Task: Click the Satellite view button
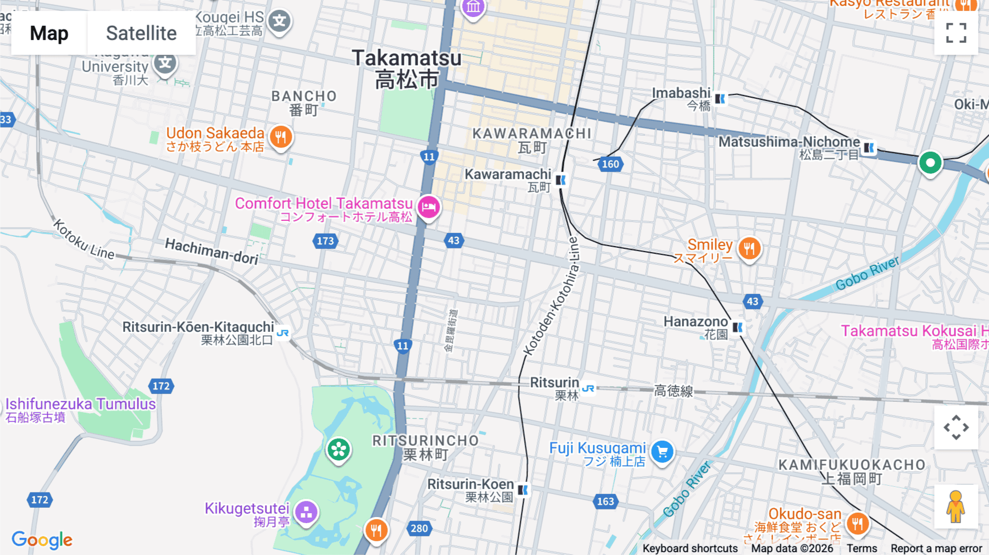[141, 33]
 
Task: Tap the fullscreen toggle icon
[956, 33]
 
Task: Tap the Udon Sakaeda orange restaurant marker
[281, 137]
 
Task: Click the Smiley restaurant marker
[749, 249]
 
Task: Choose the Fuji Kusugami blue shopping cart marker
[662, 452]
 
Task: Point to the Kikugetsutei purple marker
[306, 513]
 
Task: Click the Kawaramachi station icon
[560, 180]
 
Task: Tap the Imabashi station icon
[720, 99]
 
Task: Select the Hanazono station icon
[737, 328]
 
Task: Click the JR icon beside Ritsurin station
[588, 388]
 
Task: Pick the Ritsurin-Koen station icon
[523, 490]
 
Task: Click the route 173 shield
[325, 241]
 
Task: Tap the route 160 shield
[610, 164]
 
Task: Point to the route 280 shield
[419, 529]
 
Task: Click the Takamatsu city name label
[407, 69]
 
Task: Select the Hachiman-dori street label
[212, 251]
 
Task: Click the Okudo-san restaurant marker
[857, 523]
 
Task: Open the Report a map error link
[936, 548]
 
